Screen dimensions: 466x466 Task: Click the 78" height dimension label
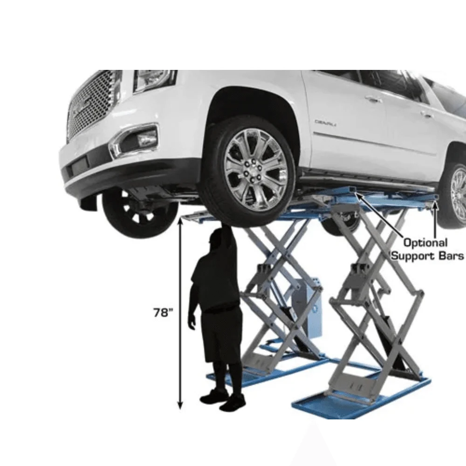[163, 313]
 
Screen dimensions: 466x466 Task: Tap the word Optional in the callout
[425, 243]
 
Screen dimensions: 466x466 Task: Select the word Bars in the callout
[451, 255]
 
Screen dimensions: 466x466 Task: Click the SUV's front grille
[92, 104]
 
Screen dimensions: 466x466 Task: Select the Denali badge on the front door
[325, 123]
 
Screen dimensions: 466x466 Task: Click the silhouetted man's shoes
[223, 399]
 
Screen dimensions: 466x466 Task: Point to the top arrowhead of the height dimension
[179, 220]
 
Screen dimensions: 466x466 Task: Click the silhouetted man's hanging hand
[192, 322]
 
